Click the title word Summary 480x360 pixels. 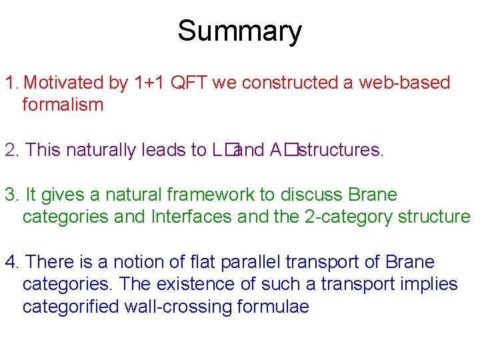[x=239, y=31]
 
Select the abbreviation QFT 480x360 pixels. [x=189, y=83]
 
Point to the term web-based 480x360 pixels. [x=405, y=83]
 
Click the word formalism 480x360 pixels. [x=63, y=105]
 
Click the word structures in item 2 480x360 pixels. [x=341, y=150]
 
